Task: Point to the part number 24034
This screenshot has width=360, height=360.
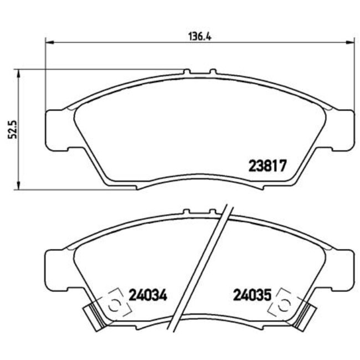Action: pos(148,295)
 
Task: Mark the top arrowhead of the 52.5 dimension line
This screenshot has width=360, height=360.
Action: pos(19,72)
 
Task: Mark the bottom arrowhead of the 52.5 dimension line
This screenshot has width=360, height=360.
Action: pos(19,186)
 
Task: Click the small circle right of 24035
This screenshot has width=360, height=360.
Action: pos(285,304)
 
